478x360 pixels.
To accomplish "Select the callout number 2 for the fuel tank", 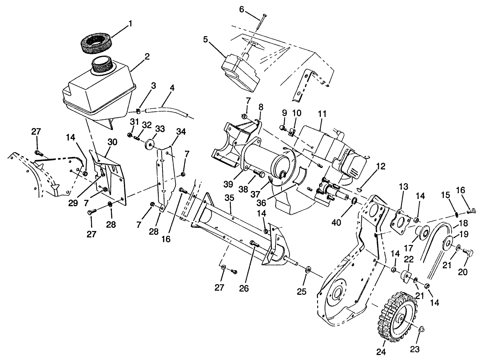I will tap(147, 56).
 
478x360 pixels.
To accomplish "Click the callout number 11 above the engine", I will tap(322, 114).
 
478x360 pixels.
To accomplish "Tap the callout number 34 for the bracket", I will tap(181, 132).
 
